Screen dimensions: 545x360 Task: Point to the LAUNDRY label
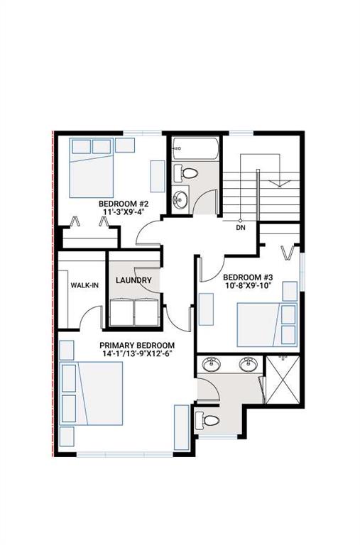coord(133,280)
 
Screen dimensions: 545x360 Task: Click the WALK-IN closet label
coord(83,285)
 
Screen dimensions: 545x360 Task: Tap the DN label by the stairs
coord(241,229)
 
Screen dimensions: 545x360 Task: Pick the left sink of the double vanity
coord(212,365)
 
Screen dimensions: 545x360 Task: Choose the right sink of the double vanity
coord(248,365)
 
